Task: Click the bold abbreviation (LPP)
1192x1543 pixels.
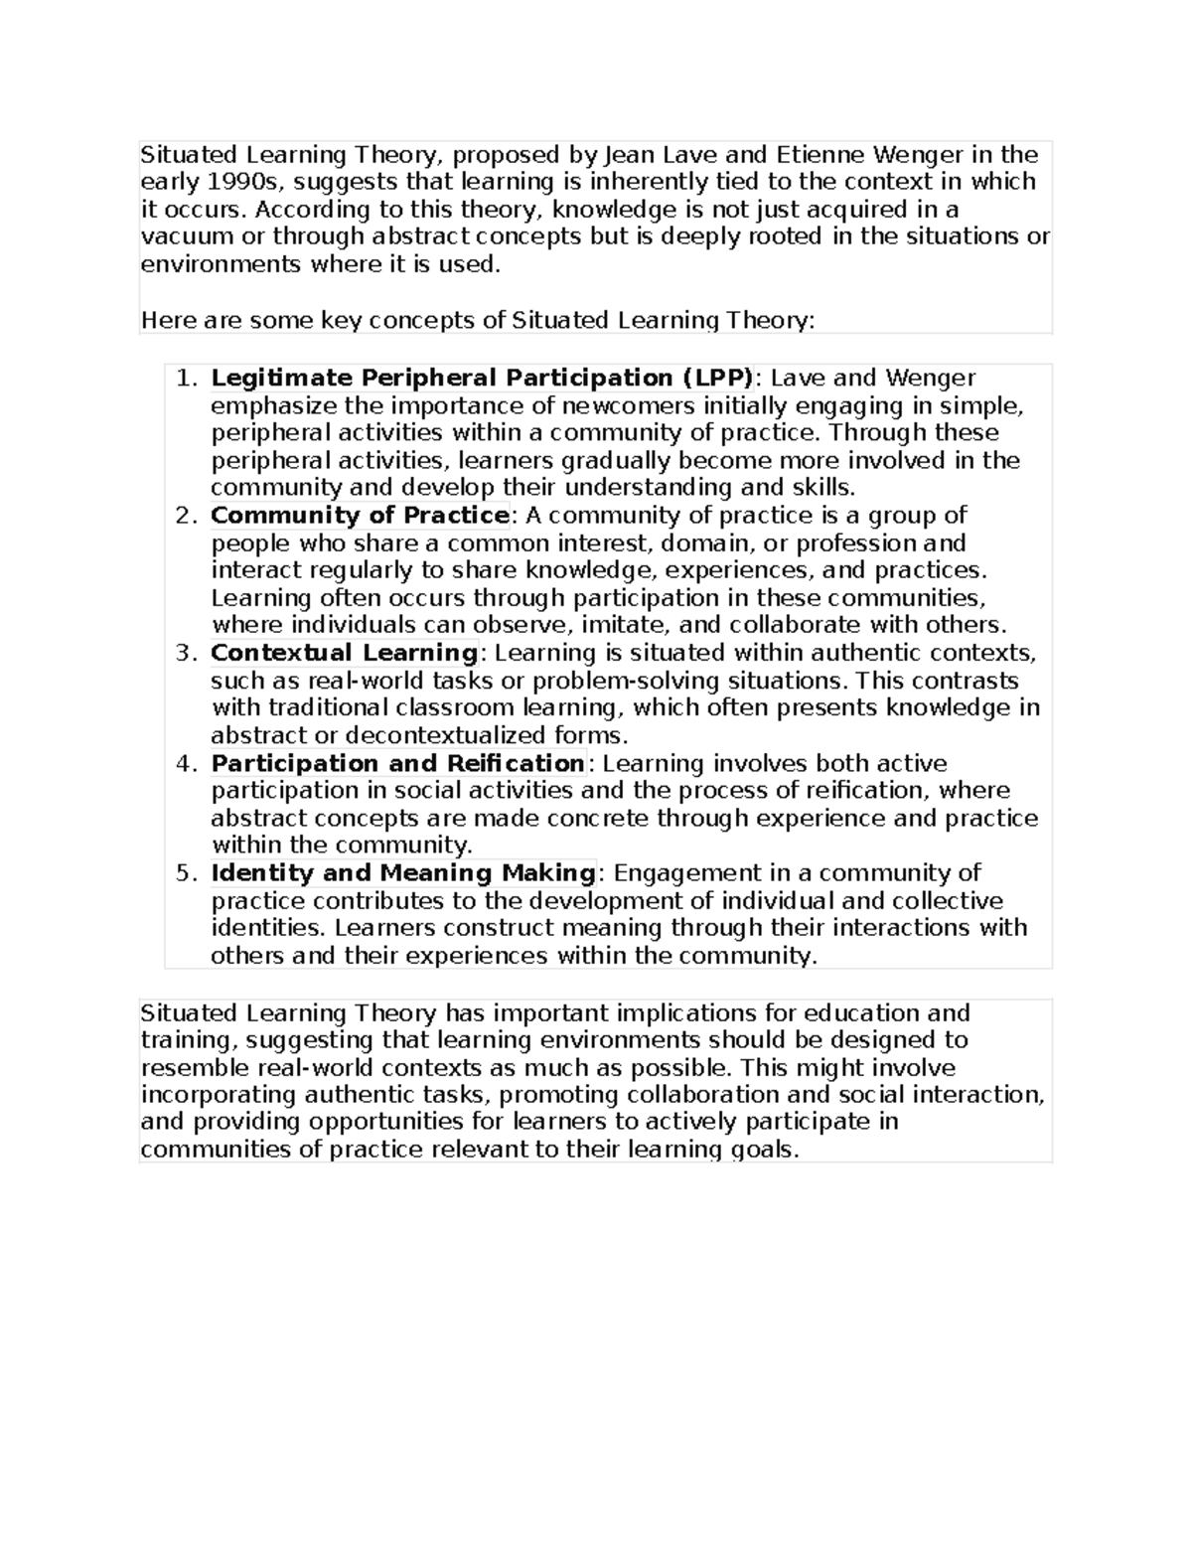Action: pyautogui.click(x=704, y=379)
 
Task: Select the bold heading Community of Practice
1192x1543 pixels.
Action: pyautogui.click(x=360, y=516)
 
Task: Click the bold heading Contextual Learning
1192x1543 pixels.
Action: pyautogui.click(x=345, y=654)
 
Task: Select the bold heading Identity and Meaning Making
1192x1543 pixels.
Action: pyautogui.click(x=402, y=873)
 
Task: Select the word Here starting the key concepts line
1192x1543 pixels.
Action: pyautogui.click(x=168, y=321)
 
